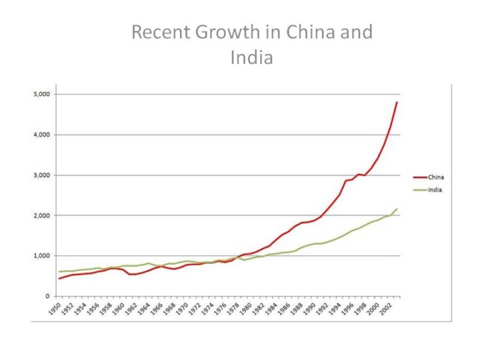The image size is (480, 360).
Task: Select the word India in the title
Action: pos(252,58)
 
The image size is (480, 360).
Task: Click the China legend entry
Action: pos(436,177)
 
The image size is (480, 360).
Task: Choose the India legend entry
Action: pos(435,190)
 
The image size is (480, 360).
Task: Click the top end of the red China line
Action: pos(397,102)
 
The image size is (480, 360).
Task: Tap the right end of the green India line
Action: pos(397,209)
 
